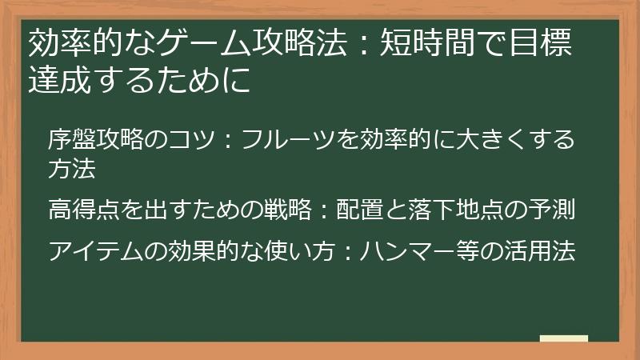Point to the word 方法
coord(71,169)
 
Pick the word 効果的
coord(196,250)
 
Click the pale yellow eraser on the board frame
coord(564,338)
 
